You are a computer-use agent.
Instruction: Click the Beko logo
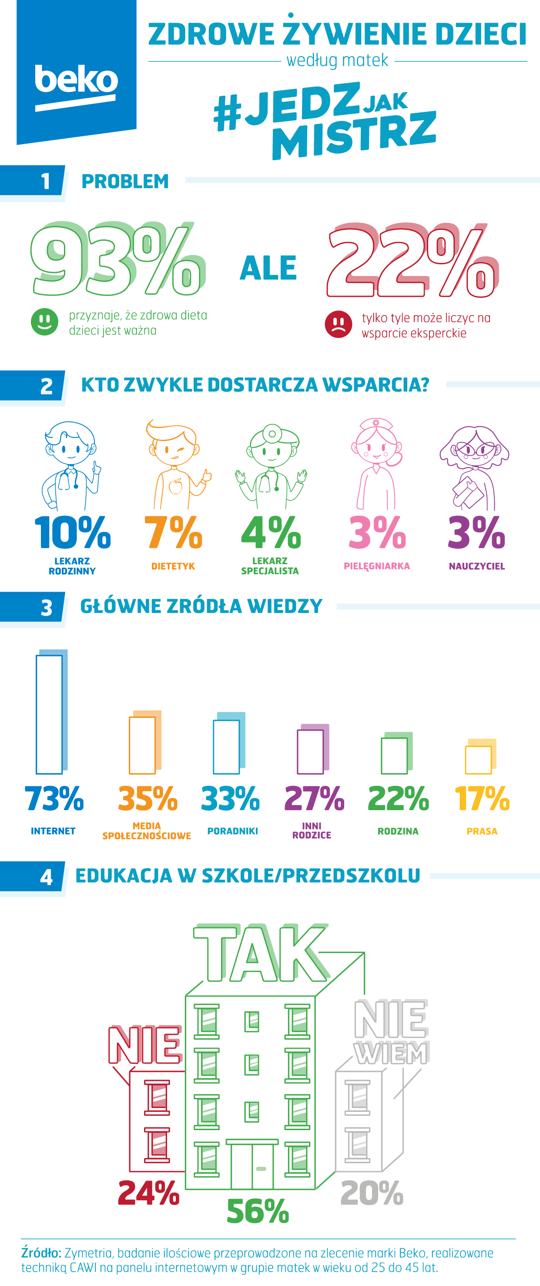tap(76, 80)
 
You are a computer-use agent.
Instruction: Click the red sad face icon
tap(339, 324)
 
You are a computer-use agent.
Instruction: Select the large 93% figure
tap(117, 261)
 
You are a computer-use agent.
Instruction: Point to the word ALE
tap(268, 268)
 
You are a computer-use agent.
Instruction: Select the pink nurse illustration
tap(377, 464)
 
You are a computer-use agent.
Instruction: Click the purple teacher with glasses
tap(474, 467)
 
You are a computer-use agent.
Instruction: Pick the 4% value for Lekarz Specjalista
tap(271, 533)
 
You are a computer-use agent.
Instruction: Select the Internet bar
tap(50, 714)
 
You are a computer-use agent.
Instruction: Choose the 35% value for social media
tap(148, 799)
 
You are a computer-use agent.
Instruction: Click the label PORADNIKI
tap(232, 831)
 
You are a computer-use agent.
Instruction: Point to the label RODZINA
tap(398, 831)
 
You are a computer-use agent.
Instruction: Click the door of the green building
tap(252, 1165)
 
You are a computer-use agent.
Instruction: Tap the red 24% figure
tap(149, 1193)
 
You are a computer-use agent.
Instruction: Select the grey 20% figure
tap(372, 1193)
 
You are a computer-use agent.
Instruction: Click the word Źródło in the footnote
tap(41, 1253)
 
